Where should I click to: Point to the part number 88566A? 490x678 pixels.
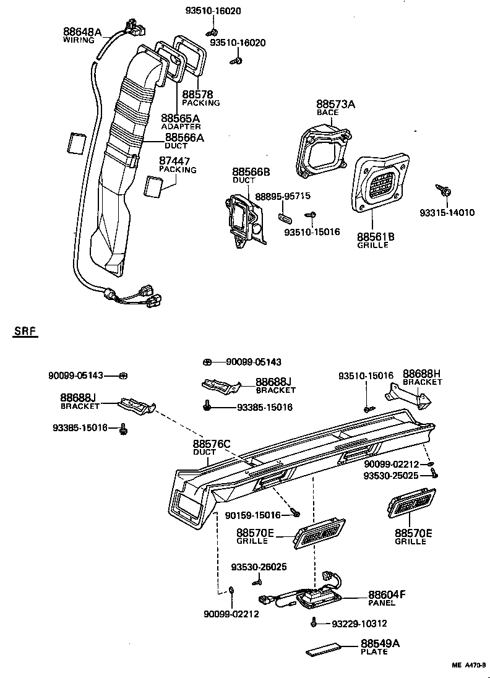[x=184, y=137]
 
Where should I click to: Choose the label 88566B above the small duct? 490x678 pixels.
[x=251, y=171]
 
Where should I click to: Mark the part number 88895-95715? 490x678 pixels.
[x=282, y=196]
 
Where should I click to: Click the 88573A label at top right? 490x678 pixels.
[x=335, y=105]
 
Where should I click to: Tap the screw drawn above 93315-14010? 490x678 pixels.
[x=442, y=189]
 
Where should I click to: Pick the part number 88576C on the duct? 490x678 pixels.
[x=211, y=444]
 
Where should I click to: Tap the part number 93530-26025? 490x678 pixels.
[x=259, y=567]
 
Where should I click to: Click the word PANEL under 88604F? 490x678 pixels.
[x=382, y=602]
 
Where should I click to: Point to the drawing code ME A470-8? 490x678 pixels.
[x=468, y=666]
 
